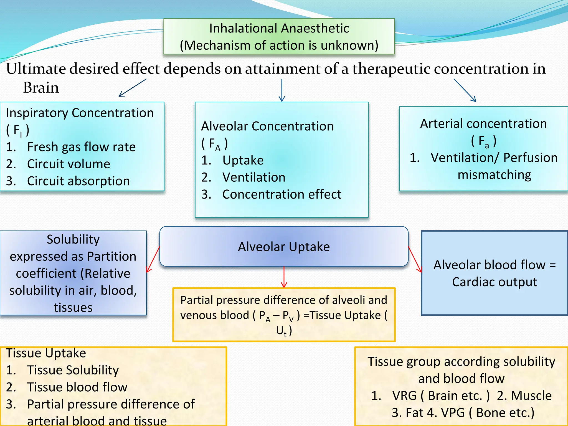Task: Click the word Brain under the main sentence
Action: point(41,88)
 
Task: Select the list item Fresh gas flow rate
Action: point(81,147)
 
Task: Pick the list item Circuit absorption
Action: point(78,181)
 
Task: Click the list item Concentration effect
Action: point(282,194)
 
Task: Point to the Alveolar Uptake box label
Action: point(284,247)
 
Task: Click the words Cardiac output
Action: point(495,282)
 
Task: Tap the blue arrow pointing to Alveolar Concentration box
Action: point(282,90)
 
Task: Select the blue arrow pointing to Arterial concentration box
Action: point(465,90)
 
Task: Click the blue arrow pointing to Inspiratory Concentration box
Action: point(132,88)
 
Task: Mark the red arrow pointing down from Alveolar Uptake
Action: point(284,277)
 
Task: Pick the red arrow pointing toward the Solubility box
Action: point(153,259)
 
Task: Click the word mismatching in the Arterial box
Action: point(494,175)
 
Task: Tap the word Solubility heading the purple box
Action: point(73,239)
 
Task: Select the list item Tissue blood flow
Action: point(77,387)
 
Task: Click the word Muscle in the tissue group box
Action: point(531,396)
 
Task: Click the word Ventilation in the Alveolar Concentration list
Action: point(254,177)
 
